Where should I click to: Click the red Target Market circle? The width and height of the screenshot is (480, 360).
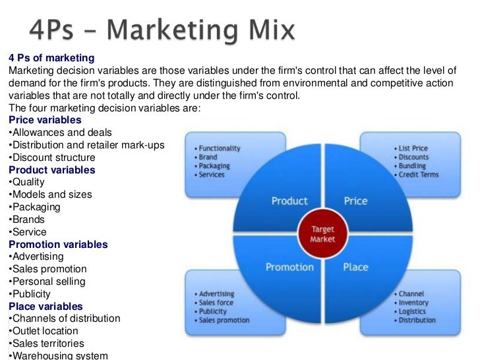pyautogui.click(x=322, y=233)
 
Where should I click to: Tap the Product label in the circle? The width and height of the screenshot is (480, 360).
pyautogui.click(x=289, y=200)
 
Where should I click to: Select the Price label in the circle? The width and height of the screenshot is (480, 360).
pyautogui.click(x=355, y=200)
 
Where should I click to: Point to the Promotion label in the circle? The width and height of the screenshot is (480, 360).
pyautogui.click(x=289, y=267)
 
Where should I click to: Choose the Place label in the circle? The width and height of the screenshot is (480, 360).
pyautogui.click(x=355, y=267)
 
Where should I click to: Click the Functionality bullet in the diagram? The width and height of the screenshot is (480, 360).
pyautogui.click(x=220, y=148)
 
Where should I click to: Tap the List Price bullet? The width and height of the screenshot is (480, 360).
pyautogui.click(x=413, y=148)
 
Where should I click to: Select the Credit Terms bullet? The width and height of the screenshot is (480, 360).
pyautogui.click(x=419, y=174)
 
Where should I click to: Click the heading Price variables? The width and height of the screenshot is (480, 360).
pyautogui.click(x=45, y=120)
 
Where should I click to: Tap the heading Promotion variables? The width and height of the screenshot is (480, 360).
pyautogui.click(x=58, y=244)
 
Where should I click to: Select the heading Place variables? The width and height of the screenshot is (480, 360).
pyautogui.click(x=45, y=306)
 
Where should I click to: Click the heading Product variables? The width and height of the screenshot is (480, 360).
pyautogui.click(x=51, y=169)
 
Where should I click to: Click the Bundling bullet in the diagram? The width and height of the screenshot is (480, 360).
pyautogui.click(x=412, y=165)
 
